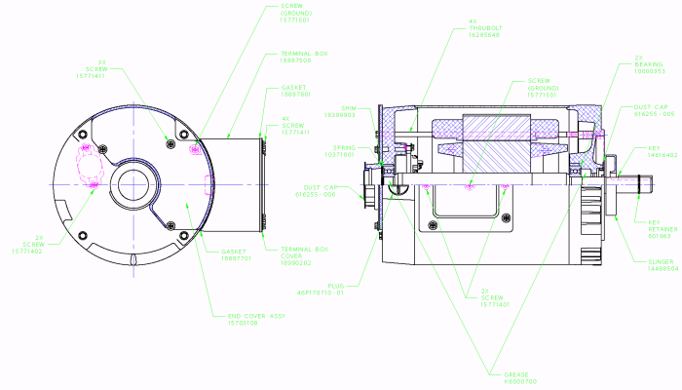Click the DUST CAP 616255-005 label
click(x=653, y=110)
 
